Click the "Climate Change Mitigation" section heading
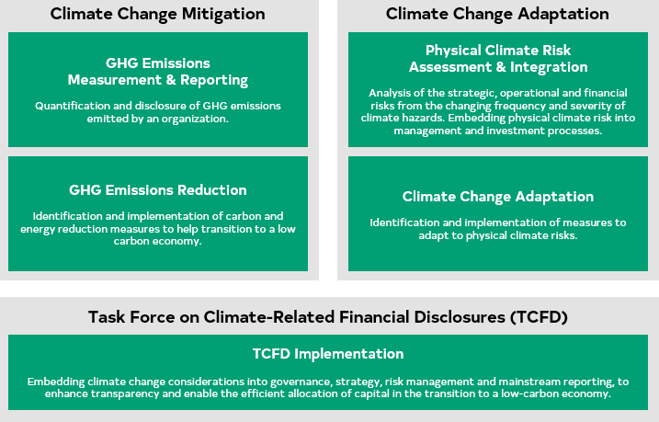point(158,14)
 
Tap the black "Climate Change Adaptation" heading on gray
point(497,14)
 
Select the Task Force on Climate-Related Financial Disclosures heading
point(329,317)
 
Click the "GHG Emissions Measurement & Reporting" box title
point(158,72)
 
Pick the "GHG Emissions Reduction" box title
point(158,190)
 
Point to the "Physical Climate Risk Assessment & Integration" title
point(497,58)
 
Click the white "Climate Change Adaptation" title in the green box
point(497,197)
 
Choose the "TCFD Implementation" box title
point(328,353)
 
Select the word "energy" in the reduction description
point(39,228)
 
